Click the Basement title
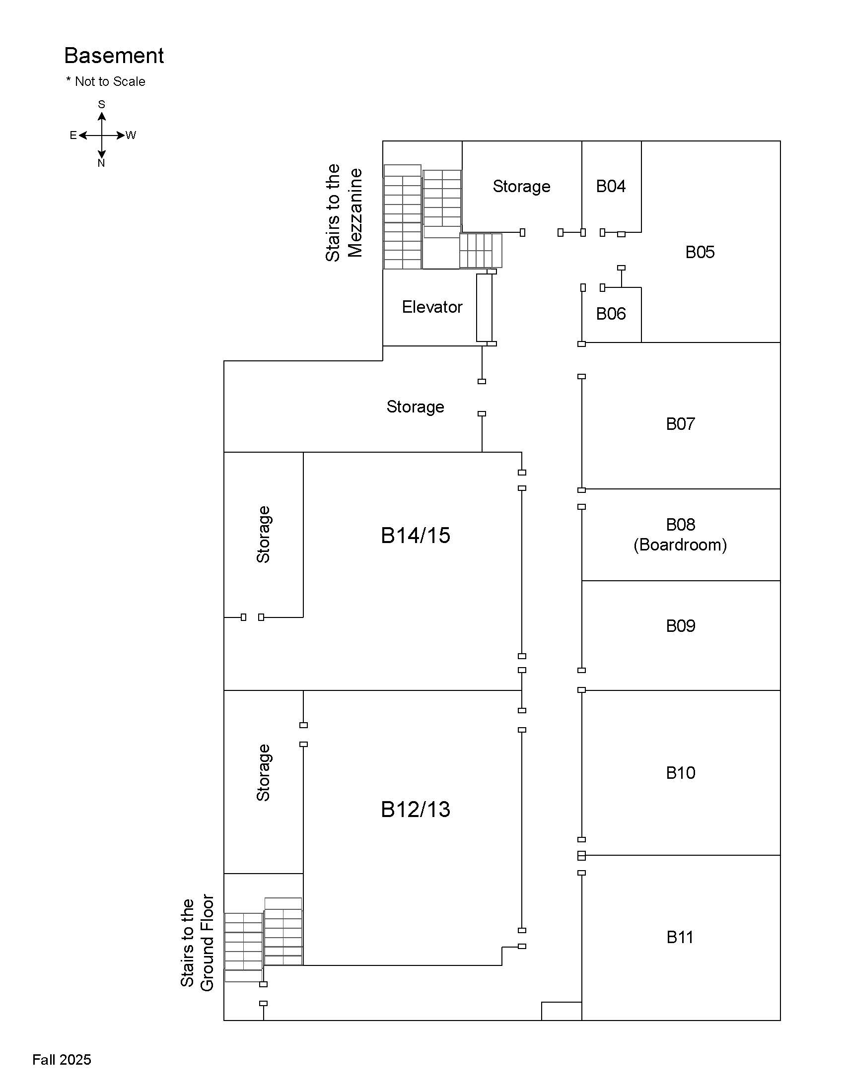(114, 56)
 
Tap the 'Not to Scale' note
(106, 81)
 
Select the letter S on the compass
(101, 105)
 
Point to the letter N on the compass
(101, 163)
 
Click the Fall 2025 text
(62, 1060)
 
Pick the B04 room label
(611, 187)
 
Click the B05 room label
(700, 252)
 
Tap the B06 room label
(611, 314)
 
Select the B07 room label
(680, 424)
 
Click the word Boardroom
(680, 545)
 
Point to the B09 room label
(680, 626)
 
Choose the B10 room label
(680, 773)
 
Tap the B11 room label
(680, 937)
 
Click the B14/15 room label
(415, 536)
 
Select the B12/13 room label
(415, 810)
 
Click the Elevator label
(432, 307)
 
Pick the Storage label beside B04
(521, 187)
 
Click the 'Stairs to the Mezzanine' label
(344, 212)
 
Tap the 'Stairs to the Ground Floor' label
(197, 943)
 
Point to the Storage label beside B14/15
(263, 535)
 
